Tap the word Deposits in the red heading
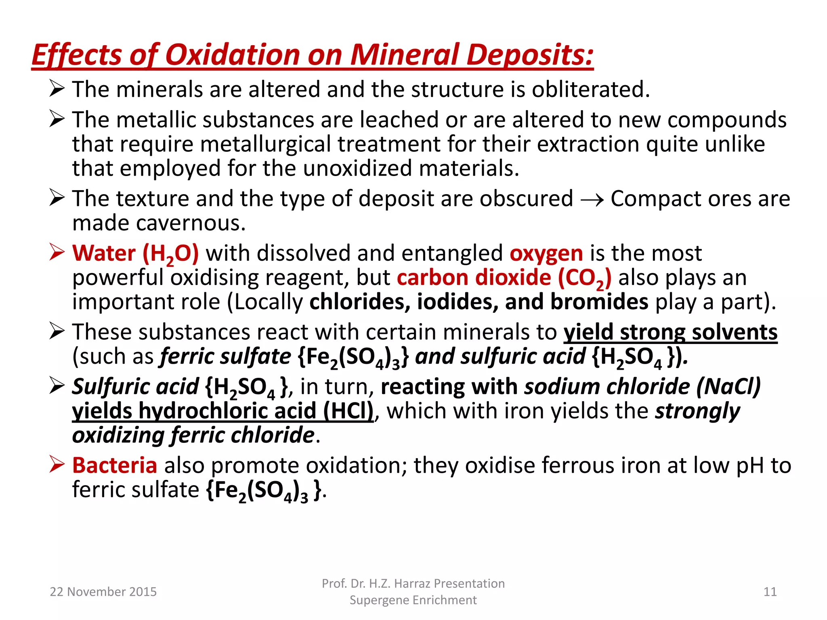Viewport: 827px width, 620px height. click(x=530, y=54)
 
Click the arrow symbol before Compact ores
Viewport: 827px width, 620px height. click(x=592, y=199)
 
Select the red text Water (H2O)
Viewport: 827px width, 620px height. click(x=136, y=253)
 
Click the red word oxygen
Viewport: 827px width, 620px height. click(x=546, y=253)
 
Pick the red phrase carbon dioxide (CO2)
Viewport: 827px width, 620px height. click(x=504, y=278)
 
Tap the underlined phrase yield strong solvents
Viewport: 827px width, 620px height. click(x=670, y=332)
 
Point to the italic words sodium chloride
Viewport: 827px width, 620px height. click(x=607, y=387)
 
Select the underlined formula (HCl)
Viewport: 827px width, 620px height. click(x=348, y=411)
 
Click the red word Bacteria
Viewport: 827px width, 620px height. click(x=115, y=465)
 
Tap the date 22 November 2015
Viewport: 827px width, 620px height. click(x=103, y=592)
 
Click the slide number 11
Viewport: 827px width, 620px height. click(x=770, y=592)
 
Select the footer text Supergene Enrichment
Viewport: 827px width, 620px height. click(x=413, y=600)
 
